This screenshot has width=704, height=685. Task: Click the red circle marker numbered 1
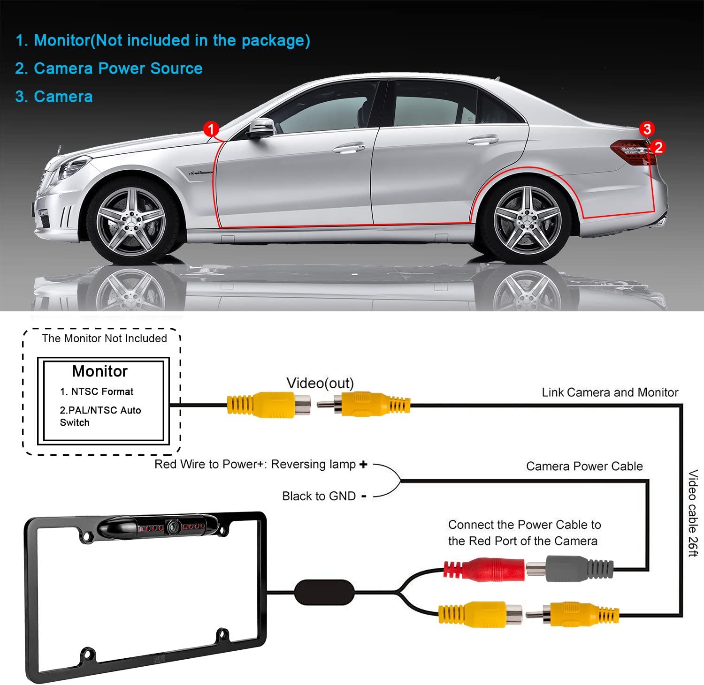point(211,129)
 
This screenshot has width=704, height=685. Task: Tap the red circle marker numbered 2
point(658,147)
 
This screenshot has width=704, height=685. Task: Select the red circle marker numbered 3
point(647,129)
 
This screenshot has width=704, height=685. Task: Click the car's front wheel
point(131,221)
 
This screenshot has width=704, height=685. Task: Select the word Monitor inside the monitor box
point(100,371)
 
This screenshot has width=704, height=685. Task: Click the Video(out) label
point(320,383)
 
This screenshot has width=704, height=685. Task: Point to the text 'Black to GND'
point(319,496)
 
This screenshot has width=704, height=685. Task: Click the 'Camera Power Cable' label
point(584,466)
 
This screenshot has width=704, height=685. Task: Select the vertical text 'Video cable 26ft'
point(693,513)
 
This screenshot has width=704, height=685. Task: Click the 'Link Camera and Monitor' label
point(610,392)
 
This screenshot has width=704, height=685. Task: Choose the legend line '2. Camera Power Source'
point(109,68)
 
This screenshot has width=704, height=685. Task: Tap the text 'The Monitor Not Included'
point(104,339)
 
